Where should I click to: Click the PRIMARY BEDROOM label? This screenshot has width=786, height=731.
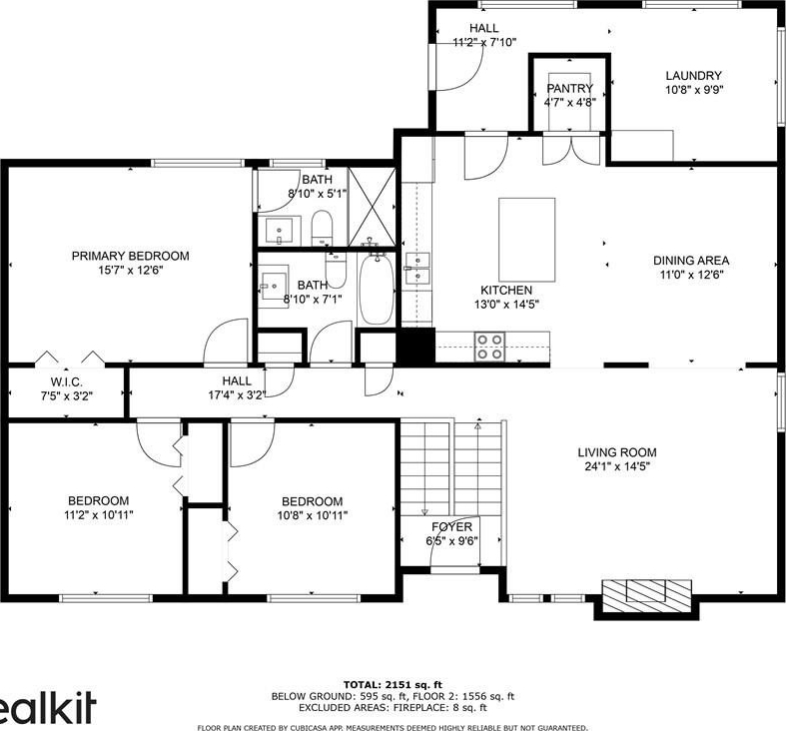pyautogui.click(x=130, y=257)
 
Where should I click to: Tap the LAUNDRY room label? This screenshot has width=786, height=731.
pyautogui.click(x=694, y=76)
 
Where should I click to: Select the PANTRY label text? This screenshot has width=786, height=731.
pyautogui.click(x=570, y=89)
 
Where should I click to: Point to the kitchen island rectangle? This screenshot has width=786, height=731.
pyautogui.click(x=527, y=240)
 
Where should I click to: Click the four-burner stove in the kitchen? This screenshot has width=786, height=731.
pyautogui.click(x=489, y=347)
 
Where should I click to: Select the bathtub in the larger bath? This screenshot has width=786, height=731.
pyautogui.click(x=377, y=289)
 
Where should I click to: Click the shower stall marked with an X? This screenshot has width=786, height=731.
pyautogui.click(x=373, y=207)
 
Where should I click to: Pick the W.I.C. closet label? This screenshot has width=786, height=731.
pyautogui.click(x=67, y=382)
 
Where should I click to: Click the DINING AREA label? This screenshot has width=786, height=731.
pyautogui.click(x=691, y=261)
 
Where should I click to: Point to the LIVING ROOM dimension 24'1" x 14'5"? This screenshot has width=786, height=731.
pyautogui.click(x=617, y=466)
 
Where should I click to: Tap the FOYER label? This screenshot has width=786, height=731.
pyautogui.click(x=452, y=527)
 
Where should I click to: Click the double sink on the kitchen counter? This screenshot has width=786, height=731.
pyautogui.click(x=417, y=269)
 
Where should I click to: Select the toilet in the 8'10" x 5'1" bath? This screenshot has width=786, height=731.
pyautogui.click(x=322, y=228)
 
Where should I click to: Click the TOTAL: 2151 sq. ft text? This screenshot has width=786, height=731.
pyautogui.click(x=393, y=684)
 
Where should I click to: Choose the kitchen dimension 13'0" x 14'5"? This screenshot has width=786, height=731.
pyautogui.click(x=506, y=305)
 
